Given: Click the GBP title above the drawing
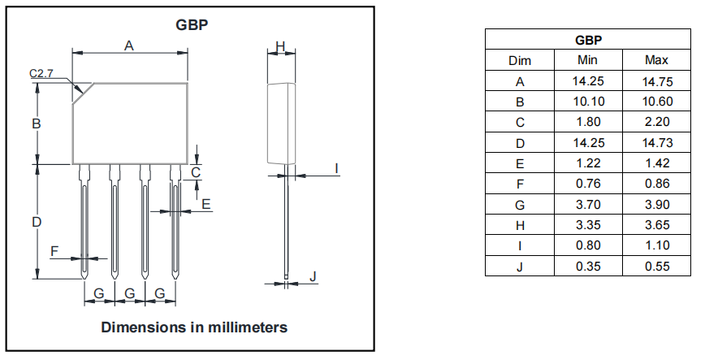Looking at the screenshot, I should pos(192,24).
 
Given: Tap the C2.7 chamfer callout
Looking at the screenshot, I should pos(41,74).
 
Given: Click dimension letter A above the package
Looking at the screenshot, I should pos(129,46).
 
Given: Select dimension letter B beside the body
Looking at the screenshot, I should pos(37,124).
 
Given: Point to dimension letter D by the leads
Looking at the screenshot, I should pos(37,222).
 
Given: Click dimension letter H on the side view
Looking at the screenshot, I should pos(280,47).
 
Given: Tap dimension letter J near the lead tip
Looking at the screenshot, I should pos(314,277).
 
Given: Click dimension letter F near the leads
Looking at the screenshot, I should pos(54,251).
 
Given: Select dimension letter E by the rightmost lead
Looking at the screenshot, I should pos(206,204).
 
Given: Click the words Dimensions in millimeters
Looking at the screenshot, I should pos(194,327).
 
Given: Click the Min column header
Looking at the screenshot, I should pos(587,60).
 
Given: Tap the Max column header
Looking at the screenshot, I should pos(655,60).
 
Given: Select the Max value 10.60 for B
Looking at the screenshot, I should pos(655,102).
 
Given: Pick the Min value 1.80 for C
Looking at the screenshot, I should pos(587,122).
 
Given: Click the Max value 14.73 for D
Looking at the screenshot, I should pos(655,142).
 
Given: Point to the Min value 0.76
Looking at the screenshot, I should pos(587,184).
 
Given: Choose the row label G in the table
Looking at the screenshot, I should pos(520,204).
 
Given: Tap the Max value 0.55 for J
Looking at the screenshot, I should pos(655,266).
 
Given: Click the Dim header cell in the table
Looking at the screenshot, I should pos(520,60).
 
